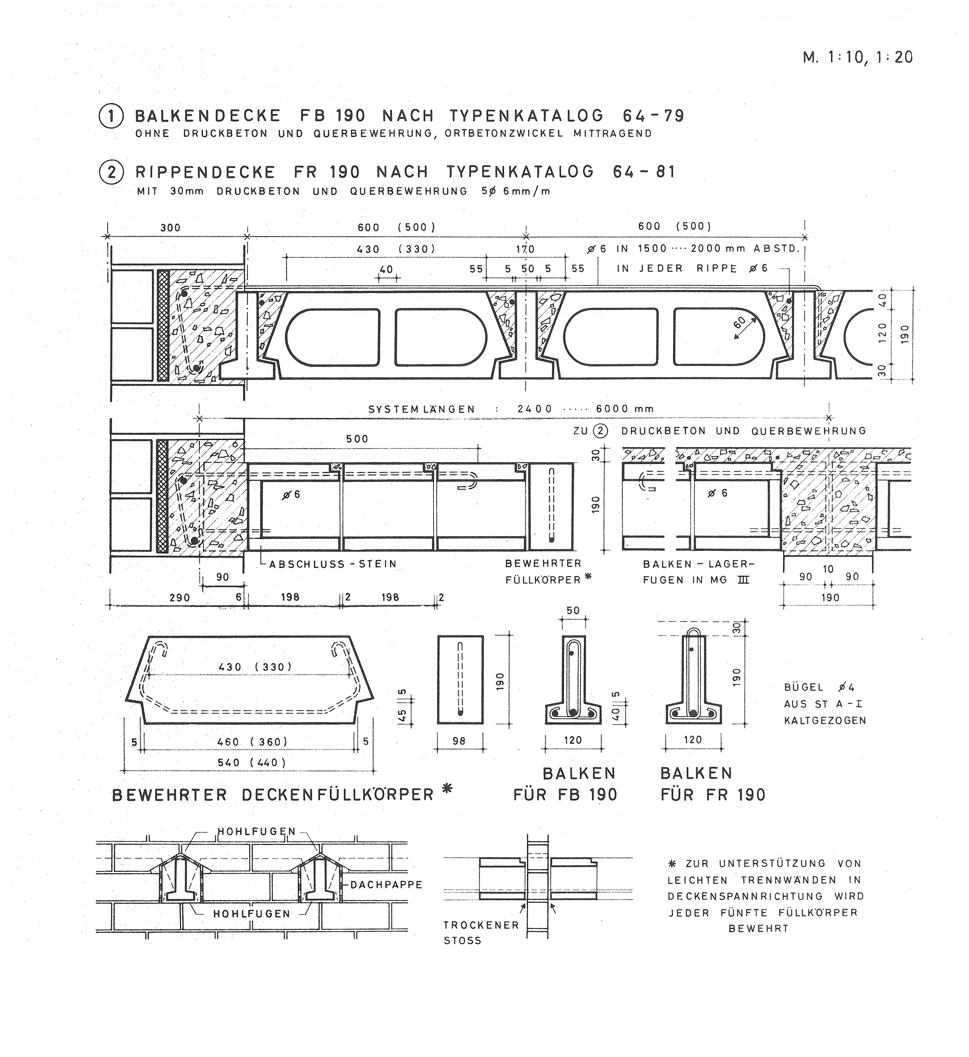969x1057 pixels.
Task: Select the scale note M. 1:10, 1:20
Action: [x=858, y=56]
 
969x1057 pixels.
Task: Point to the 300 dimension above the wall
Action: [x=171, y=228]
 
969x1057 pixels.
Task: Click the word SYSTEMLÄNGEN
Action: [x=421, y=409]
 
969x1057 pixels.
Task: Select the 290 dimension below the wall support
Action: [x=179, y=597]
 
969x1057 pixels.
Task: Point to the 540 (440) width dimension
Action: [x=252, y=762]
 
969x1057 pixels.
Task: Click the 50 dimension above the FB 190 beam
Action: [x=573, y=611]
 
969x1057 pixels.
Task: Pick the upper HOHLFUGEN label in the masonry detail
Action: [x=257, y=832]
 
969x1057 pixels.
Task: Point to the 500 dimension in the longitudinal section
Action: [x=357, y=439]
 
